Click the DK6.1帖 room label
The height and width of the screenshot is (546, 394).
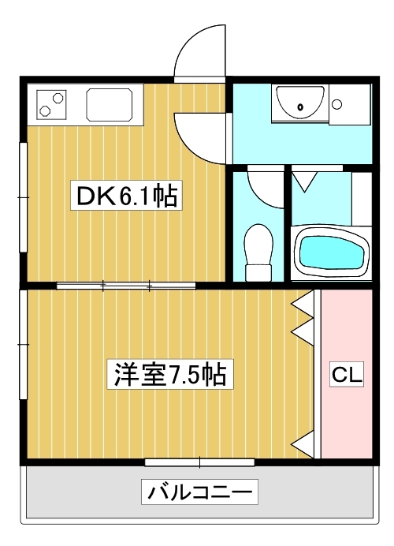click(x=126, y=196)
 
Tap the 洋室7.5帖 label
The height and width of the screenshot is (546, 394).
click(x=170, y=374)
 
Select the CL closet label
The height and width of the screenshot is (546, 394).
click(x=347, y=375)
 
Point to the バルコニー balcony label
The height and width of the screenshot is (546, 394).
click(x=199, y=492)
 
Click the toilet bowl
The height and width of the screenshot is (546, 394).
click(x=258, y=252)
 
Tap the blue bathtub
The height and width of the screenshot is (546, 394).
click(x=330, y=252)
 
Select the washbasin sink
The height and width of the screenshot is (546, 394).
click(x=299, y=103)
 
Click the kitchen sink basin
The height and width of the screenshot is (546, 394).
click(x=110, y=104)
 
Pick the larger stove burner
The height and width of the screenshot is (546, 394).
click(x=58, y=98)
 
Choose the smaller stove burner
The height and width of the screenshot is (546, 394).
click(x=45, y=110)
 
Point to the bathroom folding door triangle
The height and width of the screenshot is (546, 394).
click(x=304, y=181)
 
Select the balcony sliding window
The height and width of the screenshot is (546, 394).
click(x=199, y=462)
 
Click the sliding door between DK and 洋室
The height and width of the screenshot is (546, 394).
click(x=126, y=286)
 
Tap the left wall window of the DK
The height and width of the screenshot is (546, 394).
click(x=24, y=197)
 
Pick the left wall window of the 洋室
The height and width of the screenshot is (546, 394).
click(x=24, y=344)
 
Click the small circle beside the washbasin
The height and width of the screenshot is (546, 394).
click(x=336, y=104)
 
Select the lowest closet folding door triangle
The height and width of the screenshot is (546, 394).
click(x=303, y=444)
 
